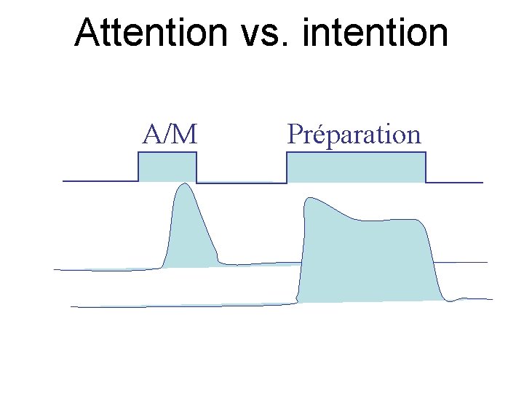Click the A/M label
pyautogui.click(x=170, y=135)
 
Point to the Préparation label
pyautogui.click(x=354, y=135)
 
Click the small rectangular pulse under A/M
pyautogui.click(x=167, y=167)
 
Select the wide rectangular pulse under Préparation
pyautogui.click(x=356, y=167)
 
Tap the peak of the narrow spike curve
pyautogui.click(x=183, y=184)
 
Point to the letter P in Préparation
pyautogui.click(x=295, y=135)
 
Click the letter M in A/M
pyautogui.click(x=186, y=135)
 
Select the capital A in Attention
pyautogui.click(x=88, y=32)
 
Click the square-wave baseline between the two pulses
pyautogui.click(x=240, y=183)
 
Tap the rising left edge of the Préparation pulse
pyautogui.click(x=287, y=167)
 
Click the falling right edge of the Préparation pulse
pyautogui.click(x=426, y=167)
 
